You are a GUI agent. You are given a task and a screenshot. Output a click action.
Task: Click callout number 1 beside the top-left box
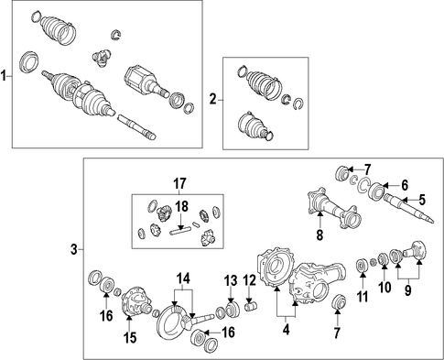click(4, 76)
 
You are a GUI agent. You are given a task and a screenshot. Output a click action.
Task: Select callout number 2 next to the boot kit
click(212, 99)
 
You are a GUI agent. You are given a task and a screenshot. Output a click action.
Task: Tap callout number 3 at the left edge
click(74, 250)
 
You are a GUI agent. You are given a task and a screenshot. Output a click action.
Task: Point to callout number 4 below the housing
click(286, 330)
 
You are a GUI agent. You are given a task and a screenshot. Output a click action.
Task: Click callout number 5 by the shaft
click(421, 200)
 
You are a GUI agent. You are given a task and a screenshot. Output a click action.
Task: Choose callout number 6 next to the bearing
click(405, 185)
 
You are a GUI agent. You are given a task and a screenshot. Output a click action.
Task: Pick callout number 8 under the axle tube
click(319, 235)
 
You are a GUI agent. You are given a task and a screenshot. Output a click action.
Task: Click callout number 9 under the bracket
click(408, 290)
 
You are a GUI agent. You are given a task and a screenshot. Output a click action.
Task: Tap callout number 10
click(384, 287)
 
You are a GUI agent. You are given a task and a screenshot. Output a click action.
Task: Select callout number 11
click(363, 297)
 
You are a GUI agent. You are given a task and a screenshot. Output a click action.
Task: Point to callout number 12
click(249, 280)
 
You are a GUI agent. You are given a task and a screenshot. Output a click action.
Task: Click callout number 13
click(231, 280)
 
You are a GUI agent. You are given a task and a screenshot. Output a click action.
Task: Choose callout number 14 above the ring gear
click(183, 278)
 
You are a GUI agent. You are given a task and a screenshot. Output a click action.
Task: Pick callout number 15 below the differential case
click(130, 337)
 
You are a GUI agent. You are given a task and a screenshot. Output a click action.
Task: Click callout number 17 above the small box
click(179, 184)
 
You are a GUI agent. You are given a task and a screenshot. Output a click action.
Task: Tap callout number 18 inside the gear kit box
click(181, 207)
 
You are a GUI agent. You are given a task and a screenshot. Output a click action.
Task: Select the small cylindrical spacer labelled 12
click(252, 305)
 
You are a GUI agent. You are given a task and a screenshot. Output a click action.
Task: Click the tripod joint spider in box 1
click(101, 58)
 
